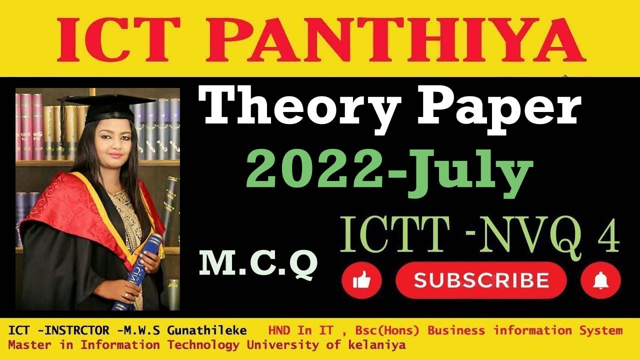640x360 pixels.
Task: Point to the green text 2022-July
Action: coord(388,168)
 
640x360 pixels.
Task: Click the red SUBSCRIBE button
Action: coord(480,280)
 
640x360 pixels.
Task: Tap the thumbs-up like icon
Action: coord(361,281)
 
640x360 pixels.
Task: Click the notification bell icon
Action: coord(600,281)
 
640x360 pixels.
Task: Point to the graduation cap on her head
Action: coord(107,106)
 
